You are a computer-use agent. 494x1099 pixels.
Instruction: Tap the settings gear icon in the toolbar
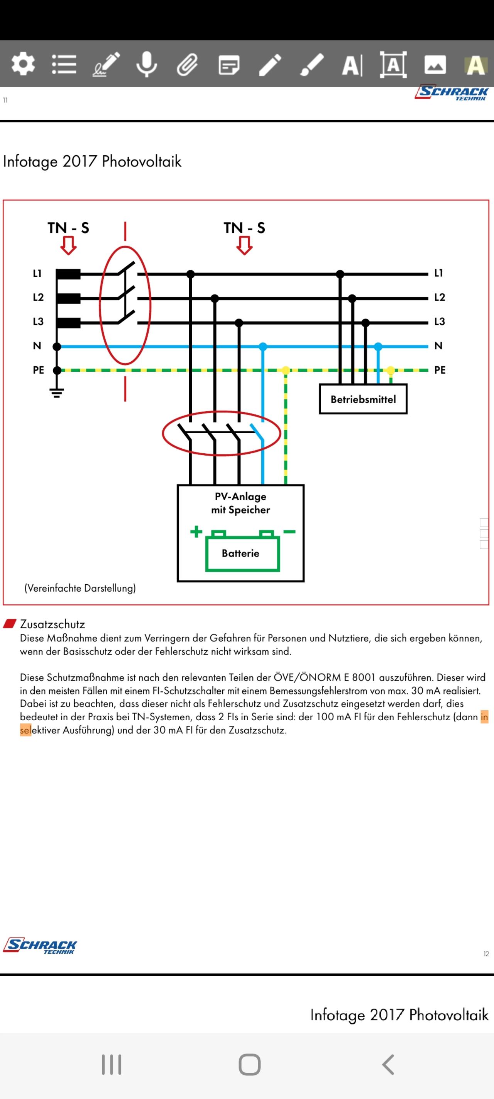point(23,64)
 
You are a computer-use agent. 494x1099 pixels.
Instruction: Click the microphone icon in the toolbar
point(147,65)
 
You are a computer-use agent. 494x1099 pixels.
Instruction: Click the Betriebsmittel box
point(363,399)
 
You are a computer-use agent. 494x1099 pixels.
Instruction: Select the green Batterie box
point(242,553)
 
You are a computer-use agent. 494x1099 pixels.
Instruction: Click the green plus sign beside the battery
point(196,532)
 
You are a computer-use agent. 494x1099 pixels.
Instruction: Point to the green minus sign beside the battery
point(289,532)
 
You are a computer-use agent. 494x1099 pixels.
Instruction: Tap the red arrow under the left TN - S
point(68,246)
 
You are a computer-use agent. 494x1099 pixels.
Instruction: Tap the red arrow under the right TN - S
point(244,246)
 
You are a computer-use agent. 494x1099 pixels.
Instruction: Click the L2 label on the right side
point(440,298)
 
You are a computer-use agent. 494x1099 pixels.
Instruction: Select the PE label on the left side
point(38,370)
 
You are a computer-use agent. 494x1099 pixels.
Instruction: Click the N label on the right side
point(438,346)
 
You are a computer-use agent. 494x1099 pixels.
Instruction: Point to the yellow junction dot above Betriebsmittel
point(390,370)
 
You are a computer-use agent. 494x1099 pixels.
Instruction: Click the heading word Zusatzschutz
point(52,624)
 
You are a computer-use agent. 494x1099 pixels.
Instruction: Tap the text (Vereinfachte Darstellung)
point(80,588)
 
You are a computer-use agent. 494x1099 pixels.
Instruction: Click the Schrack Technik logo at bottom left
point(40,946)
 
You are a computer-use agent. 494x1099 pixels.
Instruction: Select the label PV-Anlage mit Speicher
point(240,503)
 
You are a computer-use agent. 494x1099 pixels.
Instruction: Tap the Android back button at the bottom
point(388,1065)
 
